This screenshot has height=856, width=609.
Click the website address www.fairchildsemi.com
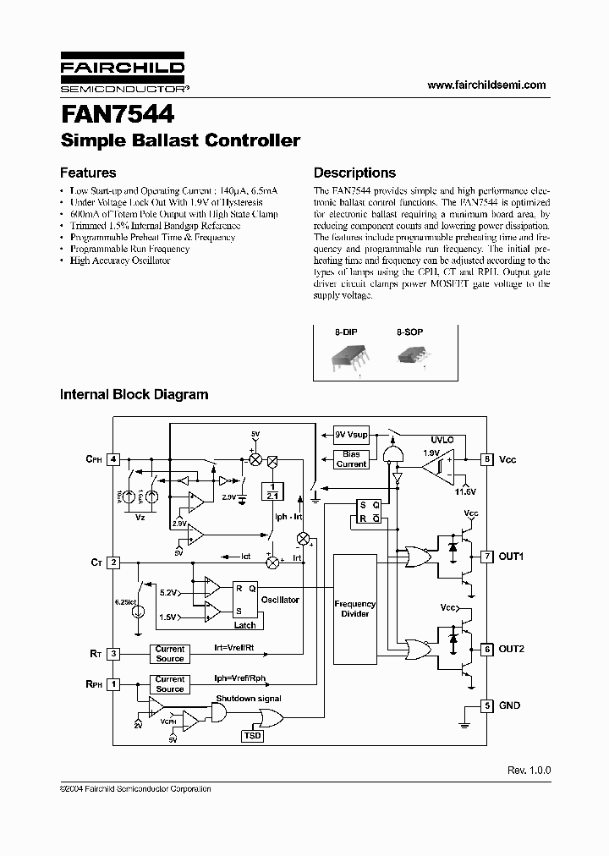[x=486, y=85]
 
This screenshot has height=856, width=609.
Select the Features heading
[x=88, y=173]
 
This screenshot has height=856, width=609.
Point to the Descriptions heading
[x=354, y=173]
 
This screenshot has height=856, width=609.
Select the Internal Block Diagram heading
[x=134, y=394]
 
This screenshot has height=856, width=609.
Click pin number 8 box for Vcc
[x=487, y=459]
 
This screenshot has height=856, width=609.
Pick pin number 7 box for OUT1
[x=487, y=557]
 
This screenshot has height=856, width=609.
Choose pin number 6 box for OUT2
[x=487, y=649]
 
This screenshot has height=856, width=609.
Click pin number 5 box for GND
[x=487, y=705]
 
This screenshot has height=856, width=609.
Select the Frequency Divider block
[x=355, y=609]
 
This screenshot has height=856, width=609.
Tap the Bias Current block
[x=351, y=459]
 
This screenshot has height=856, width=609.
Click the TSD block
[x=253, y=737]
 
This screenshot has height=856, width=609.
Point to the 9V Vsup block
[x=351, y=434]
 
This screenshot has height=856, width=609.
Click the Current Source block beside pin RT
[x=169, y=654]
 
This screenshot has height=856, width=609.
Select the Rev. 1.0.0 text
[x=529, y=771]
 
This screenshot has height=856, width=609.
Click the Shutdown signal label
[x=249, y=698]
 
